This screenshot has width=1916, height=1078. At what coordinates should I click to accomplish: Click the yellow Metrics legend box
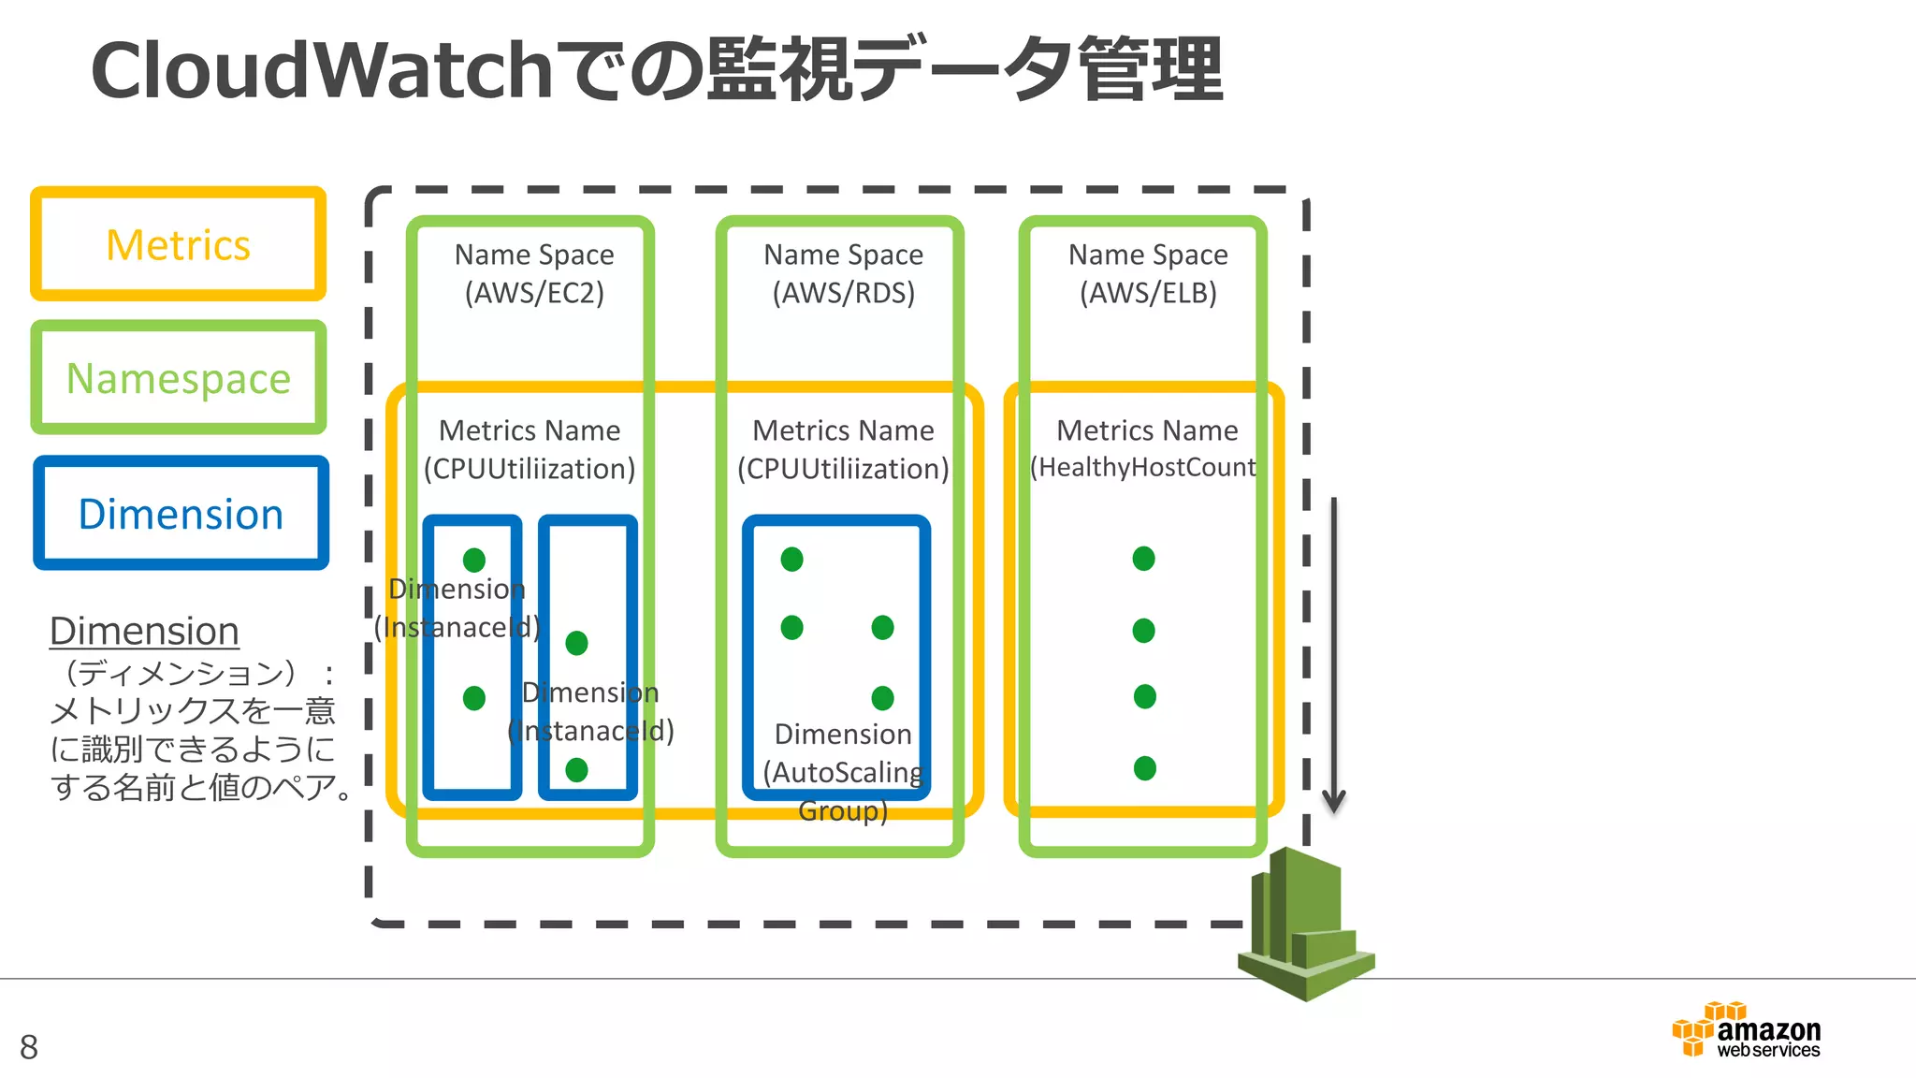pos(178,244)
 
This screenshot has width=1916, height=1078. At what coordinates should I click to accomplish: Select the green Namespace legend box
pos(178,378)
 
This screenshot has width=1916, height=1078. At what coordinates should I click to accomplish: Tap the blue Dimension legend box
pos(181,514)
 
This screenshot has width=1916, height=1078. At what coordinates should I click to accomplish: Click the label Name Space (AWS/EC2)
pos(534,273)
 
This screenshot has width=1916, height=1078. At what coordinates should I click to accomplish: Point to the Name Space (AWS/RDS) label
pos(843,273)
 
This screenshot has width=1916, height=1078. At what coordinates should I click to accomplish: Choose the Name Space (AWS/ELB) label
pos(1148,273)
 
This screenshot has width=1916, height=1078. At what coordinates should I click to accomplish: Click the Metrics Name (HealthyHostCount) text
pos(1145,449)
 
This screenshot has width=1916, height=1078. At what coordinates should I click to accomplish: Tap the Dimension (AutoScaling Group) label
pos(843,771)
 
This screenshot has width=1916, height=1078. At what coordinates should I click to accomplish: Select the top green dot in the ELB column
pos(1143,559)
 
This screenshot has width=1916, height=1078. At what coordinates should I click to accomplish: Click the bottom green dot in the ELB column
pos(1144,768)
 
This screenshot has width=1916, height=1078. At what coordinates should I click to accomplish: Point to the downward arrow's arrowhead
pos(1333,801)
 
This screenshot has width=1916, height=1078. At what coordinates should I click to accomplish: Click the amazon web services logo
pos(1746,1031)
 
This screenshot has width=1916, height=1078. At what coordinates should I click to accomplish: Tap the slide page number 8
pos(29,1047)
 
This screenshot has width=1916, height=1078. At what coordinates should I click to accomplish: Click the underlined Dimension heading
pos(144,631)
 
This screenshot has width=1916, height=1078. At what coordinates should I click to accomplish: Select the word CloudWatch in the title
pos(322,71)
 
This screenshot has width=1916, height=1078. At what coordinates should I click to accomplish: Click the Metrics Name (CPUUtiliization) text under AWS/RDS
pos(843,449)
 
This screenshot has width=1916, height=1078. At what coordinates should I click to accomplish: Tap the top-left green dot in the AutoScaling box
pos(791,560)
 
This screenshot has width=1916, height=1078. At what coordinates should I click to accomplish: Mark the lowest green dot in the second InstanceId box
pos(576,769)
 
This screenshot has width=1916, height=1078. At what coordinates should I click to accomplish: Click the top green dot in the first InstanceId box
pos(474,560)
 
